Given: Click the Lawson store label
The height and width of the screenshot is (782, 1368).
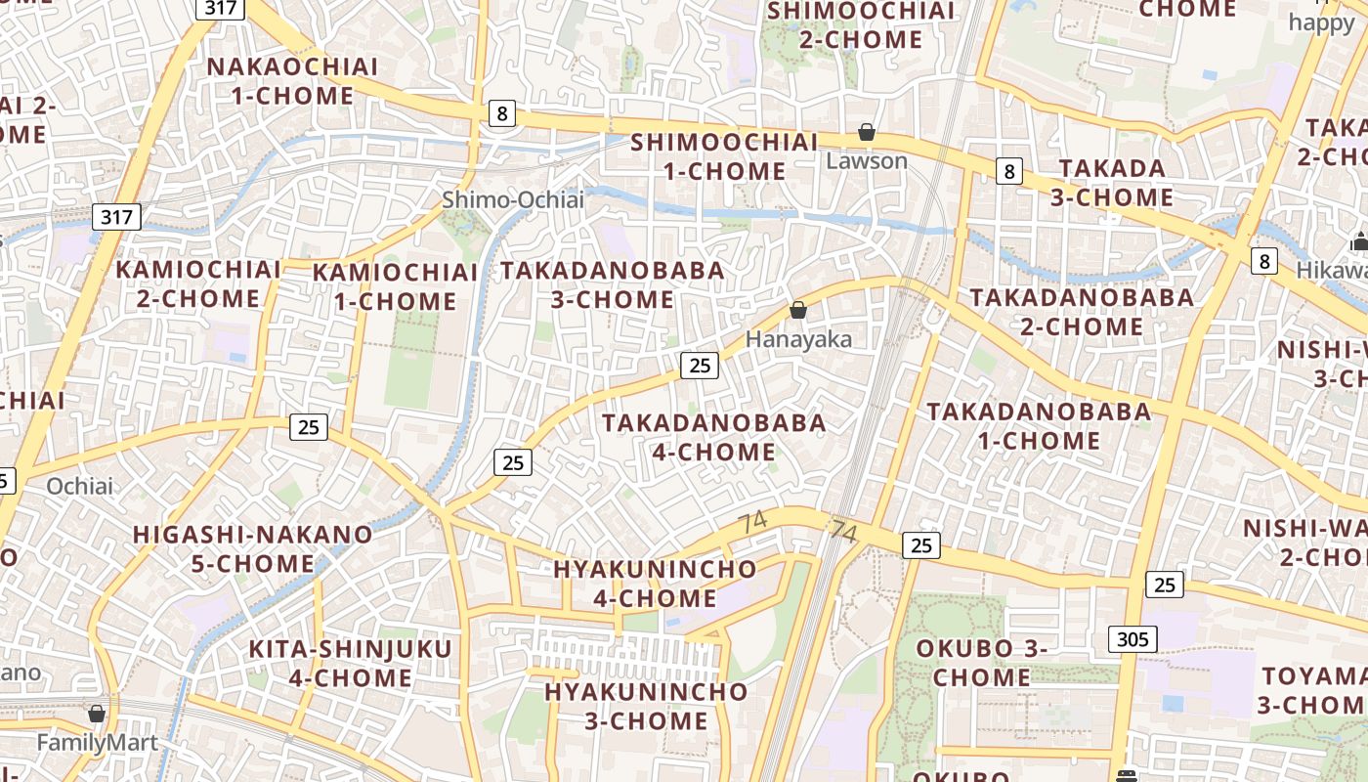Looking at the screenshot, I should [x=867, y=160].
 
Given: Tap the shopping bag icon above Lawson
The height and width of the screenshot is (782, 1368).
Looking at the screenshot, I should [x=867, y=132].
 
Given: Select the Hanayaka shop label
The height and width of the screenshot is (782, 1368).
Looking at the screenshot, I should [x=798, y=339].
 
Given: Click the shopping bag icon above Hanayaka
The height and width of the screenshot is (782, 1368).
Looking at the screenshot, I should [x=798, y=311].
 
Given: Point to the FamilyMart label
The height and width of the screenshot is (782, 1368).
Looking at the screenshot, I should [x=97, y=743].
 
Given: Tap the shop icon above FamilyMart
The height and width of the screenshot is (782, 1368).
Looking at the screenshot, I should [x=97, y=714].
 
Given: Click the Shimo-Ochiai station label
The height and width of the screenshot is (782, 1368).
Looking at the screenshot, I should [x=513, y=200].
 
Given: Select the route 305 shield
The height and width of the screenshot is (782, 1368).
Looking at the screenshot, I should [x=1133, y=639].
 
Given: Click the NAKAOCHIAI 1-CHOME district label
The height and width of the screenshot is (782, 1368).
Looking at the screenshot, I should [x=293, y=81].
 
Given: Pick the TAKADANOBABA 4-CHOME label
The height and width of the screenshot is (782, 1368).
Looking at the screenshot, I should [x=714, y=437].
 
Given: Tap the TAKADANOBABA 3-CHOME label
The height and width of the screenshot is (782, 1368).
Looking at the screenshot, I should [x=613, y=284].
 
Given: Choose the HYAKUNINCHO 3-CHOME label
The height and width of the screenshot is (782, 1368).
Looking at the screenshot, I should [x=646, y=706].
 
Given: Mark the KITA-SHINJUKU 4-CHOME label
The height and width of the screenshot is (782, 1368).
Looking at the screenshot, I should [x=350, y=663].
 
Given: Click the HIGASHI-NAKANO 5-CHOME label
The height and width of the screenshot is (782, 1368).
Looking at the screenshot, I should [x=253, y=549].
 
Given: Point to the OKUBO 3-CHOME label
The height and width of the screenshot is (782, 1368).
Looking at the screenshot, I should [x=981, y=662].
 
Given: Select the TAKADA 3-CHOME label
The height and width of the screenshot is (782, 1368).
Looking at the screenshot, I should [x=1113, y=183].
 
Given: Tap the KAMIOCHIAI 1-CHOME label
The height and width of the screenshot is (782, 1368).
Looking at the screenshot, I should [x=396, y=287].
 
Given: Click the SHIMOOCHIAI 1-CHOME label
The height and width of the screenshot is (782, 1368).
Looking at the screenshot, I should [x=724, y=156].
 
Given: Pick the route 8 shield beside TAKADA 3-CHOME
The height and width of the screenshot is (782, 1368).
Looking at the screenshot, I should [x=1009, y=172].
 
